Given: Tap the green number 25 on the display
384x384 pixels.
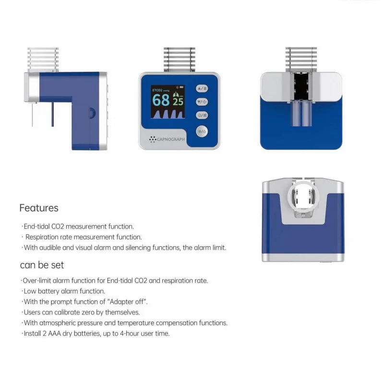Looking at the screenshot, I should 178,101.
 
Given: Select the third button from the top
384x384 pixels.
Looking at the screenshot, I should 202,115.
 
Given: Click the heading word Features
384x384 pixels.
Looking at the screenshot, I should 39,208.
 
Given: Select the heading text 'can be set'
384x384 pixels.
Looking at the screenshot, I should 42,264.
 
